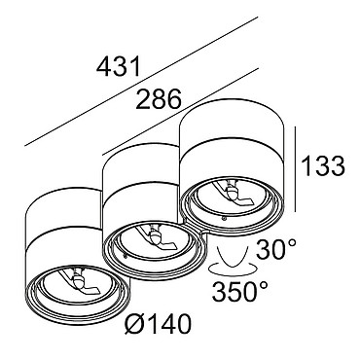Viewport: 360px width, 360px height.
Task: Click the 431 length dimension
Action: pos(119,66)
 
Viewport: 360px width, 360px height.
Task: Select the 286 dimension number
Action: pos(159,98)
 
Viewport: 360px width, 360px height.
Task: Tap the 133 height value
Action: pos(323,165)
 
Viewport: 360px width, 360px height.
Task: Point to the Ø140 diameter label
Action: pos(158,324)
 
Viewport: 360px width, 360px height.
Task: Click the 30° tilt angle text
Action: pos(276,249)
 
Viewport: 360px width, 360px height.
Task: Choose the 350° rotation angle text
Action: pos(240,291)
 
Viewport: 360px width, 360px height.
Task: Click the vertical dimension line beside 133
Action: pos(296,169)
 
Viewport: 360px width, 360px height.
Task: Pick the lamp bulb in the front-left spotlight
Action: pos(78,280)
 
